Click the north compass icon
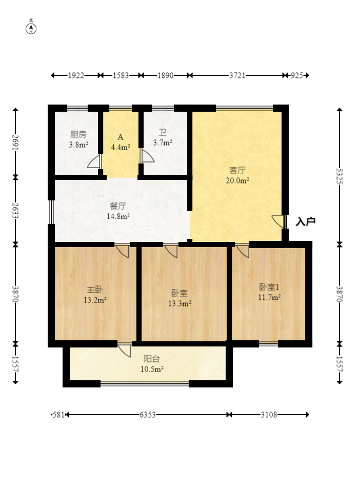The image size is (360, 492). tap(31, 28)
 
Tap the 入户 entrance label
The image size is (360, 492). tap(306, 221)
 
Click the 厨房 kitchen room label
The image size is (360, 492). tap(78, 135)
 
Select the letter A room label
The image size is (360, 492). tap(121, 137)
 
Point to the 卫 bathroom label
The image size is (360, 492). tap(163, 132)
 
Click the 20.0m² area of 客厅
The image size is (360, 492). tap(237, 180)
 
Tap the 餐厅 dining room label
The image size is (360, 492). tap(118, 206)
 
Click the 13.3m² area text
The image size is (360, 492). tap(179, 303)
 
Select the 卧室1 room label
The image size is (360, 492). tap(269, 287)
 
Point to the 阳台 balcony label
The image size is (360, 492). tap(151, 359)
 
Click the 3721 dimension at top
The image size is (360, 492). tap(237, 75)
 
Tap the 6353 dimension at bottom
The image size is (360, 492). tap(148, 415)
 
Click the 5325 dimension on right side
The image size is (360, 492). tap(339, 177)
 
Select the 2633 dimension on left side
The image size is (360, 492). tap(15, 210)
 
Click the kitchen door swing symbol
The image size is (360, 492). tap(94, 162)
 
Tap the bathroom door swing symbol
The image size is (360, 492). tap(147, 156)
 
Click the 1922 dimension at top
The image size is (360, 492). tap(76, 75)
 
